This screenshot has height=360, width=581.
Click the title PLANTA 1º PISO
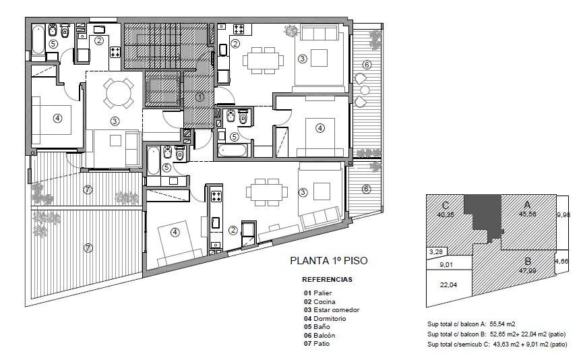pyautogui.click(x=329, y=261)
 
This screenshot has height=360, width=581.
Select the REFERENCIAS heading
pyautogui.click(x=327, y=280)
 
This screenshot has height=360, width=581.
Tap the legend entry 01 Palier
pyautogui.click(x=317, y=293)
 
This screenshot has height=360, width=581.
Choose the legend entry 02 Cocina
pyautogui.click(x=319, y=302)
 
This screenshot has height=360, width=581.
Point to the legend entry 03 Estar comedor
pyautogui.click(x=332, y=310)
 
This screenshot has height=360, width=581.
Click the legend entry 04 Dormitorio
pyautogui.click(x=325, y=318)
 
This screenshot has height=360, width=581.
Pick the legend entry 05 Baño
pyautogui.click(x=317, y=327)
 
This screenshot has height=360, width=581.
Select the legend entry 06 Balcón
pyautogui.click(x=319, y=335)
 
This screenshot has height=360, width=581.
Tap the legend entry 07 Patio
pyautogui.click(x=317, y=343)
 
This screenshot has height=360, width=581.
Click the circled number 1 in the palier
pyautogui.click(x=200, y=97)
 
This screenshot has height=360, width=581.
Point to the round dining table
pyautogui.click(x=118, y=93)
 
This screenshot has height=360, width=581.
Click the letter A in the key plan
pyautogui.click(x=526, y=205)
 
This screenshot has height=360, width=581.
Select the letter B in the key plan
pyautogui.click(x=528, y=262)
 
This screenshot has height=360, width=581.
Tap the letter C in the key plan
pyautogui.click(x=446, y=206)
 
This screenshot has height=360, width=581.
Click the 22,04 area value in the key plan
pyautogui.click(x=448, y=285)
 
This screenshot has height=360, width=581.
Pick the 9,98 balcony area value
pyautogui.click(x=563, y=214)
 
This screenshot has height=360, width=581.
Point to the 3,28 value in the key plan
pyautogui.click(x=435, y=252)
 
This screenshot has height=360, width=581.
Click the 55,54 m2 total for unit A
pyautogui.click(x=502, y=324)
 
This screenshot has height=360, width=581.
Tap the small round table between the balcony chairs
pyautogui.click(x=365, y=90)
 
